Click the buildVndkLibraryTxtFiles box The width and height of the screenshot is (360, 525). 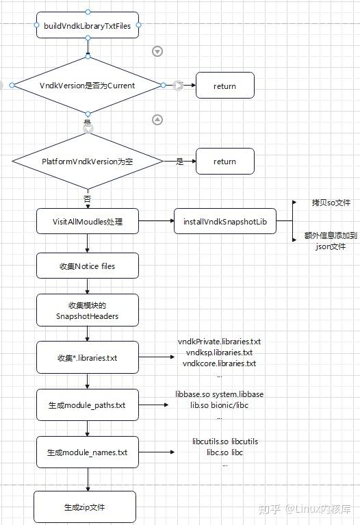(x=87, y=25)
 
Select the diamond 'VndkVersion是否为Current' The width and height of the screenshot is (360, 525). (x=88, y=86)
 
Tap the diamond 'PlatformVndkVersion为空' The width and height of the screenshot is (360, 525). (x=87, y=162)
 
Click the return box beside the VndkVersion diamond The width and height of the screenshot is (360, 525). (x=225, y=86)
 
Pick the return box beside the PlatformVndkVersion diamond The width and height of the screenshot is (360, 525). (x=225, y=162)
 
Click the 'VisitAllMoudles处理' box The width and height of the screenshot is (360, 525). (x=87, y=221)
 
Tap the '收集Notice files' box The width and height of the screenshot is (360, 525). (x=87, y=266)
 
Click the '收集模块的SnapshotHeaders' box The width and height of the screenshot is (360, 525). (x=87, y=311)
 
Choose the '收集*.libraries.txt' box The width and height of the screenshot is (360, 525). (x=87, y=358)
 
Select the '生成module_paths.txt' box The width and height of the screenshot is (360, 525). (x=87, y=405)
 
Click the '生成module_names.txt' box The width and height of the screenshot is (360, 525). (x=87, y=452)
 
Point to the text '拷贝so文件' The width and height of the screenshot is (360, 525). (x=331, y=203)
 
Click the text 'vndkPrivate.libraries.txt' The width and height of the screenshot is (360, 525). (x=219, y=341)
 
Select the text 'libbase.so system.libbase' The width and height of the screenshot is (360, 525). (x=220, y=395)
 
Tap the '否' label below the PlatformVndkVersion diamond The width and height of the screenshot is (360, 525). (x=87, y=199)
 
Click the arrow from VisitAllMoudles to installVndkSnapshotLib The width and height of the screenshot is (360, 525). (x=156, y=221)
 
